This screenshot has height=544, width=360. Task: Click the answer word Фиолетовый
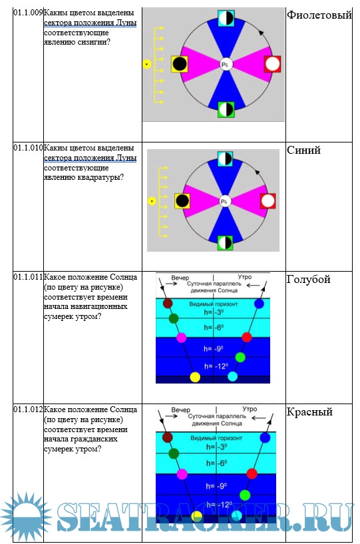pos(319,15)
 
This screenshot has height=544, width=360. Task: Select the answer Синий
pos(303,150)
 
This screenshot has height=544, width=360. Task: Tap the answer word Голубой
pos(308,280)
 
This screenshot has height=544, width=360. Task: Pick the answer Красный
pos(309,412)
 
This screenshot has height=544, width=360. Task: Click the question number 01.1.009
pos(28,13)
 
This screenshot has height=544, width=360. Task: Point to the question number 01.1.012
pos(28,409)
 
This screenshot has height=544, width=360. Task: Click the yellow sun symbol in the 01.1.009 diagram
pos(147,64)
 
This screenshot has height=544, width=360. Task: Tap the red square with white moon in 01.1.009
pos(272,64)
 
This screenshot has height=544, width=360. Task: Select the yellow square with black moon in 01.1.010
pos(182,201)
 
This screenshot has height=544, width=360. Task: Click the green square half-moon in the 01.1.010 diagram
pos(225,242)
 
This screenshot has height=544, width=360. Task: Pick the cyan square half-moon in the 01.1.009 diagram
pos(226,18)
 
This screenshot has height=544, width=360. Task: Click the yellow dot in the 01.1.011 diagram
pos(195,377)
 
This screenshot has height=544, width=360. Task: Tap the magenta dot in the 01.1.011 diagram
pos(182,338)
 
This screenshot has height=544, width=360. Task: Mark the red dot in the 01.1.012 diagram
pos(252,473)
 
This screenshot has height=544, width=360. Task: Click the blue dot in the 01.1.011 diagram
pos(259,304)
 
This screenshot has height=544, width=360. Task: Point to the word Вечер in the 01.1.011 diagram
pos(180,278)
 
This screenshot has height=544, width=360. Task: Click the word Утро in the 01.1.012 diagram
pos(250,409)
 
